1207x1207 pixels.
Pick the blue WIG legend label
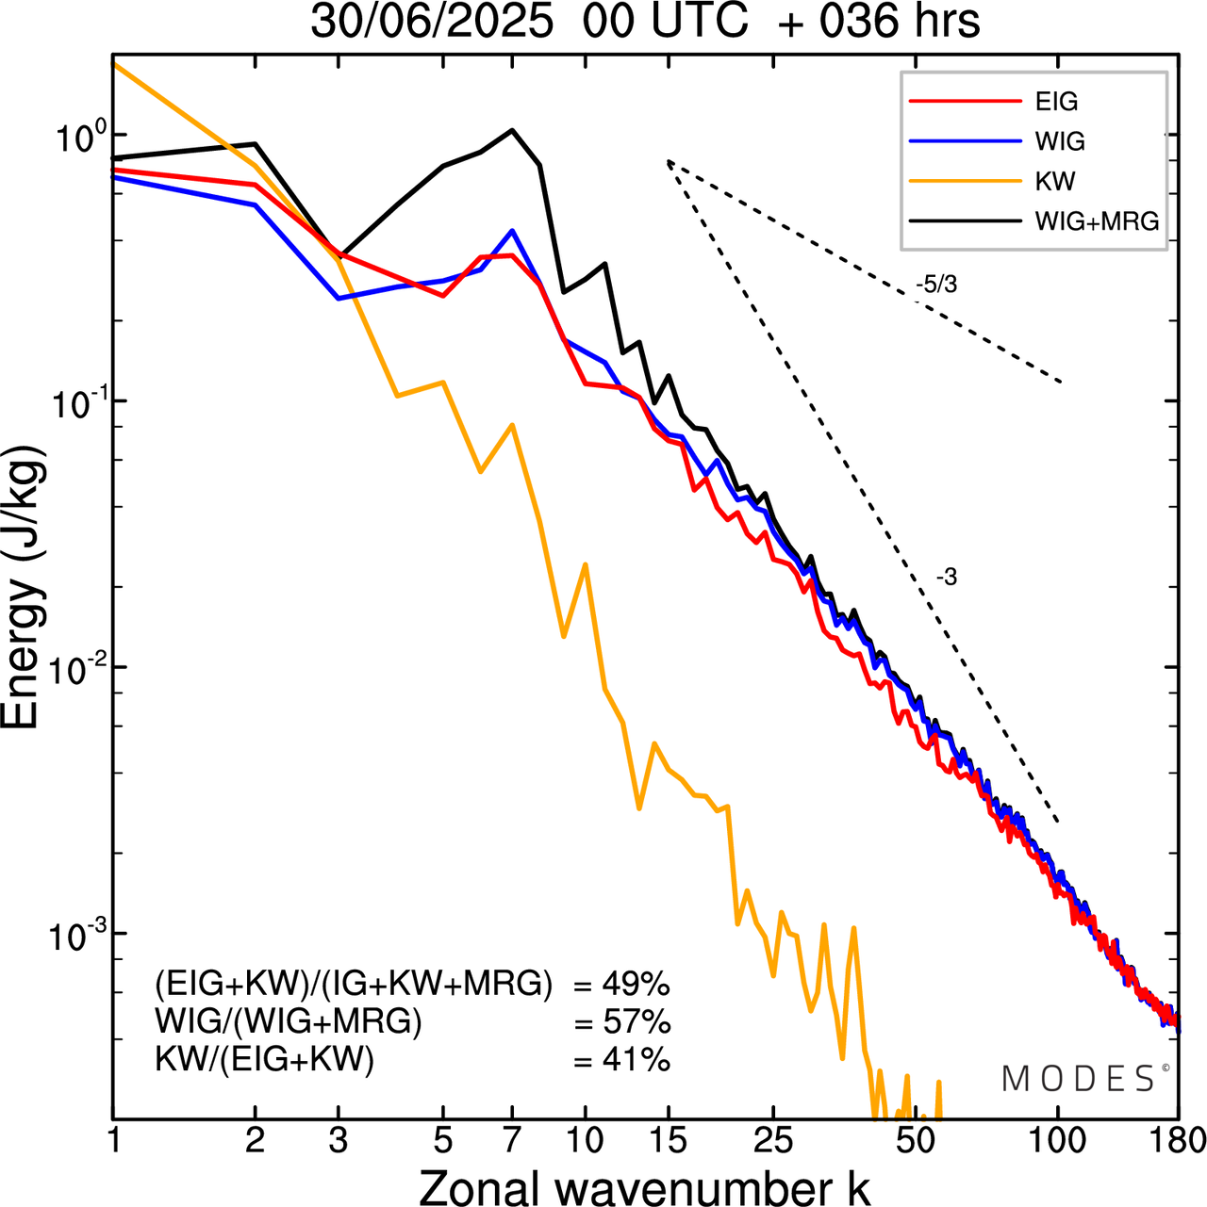pyautogui.click(x=1060, y=141)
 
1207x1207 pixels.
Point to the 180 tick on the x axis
pyautogui.click(x=1178, y=1141)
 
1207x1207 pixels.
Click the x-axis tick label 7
pyautogui.click(x=512, y=1141)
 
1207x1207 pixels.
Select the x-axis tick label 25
pyautogui.click(x=772, y=1141)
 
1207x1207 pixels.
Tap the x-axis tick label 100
pyautogui.click(x=1058, y=1141)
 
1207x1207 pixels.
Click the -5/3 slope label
pyautogui.click(x=935, y=285)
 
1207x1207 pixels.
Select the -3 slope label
pyautogui.click(x=946, y=578)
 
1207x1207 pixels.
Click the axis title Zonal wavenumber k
pyautogui.click(x=644, y=1187)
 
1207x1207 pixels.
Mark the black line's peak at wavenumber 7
pyautogui.click(x=512, y=131)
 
